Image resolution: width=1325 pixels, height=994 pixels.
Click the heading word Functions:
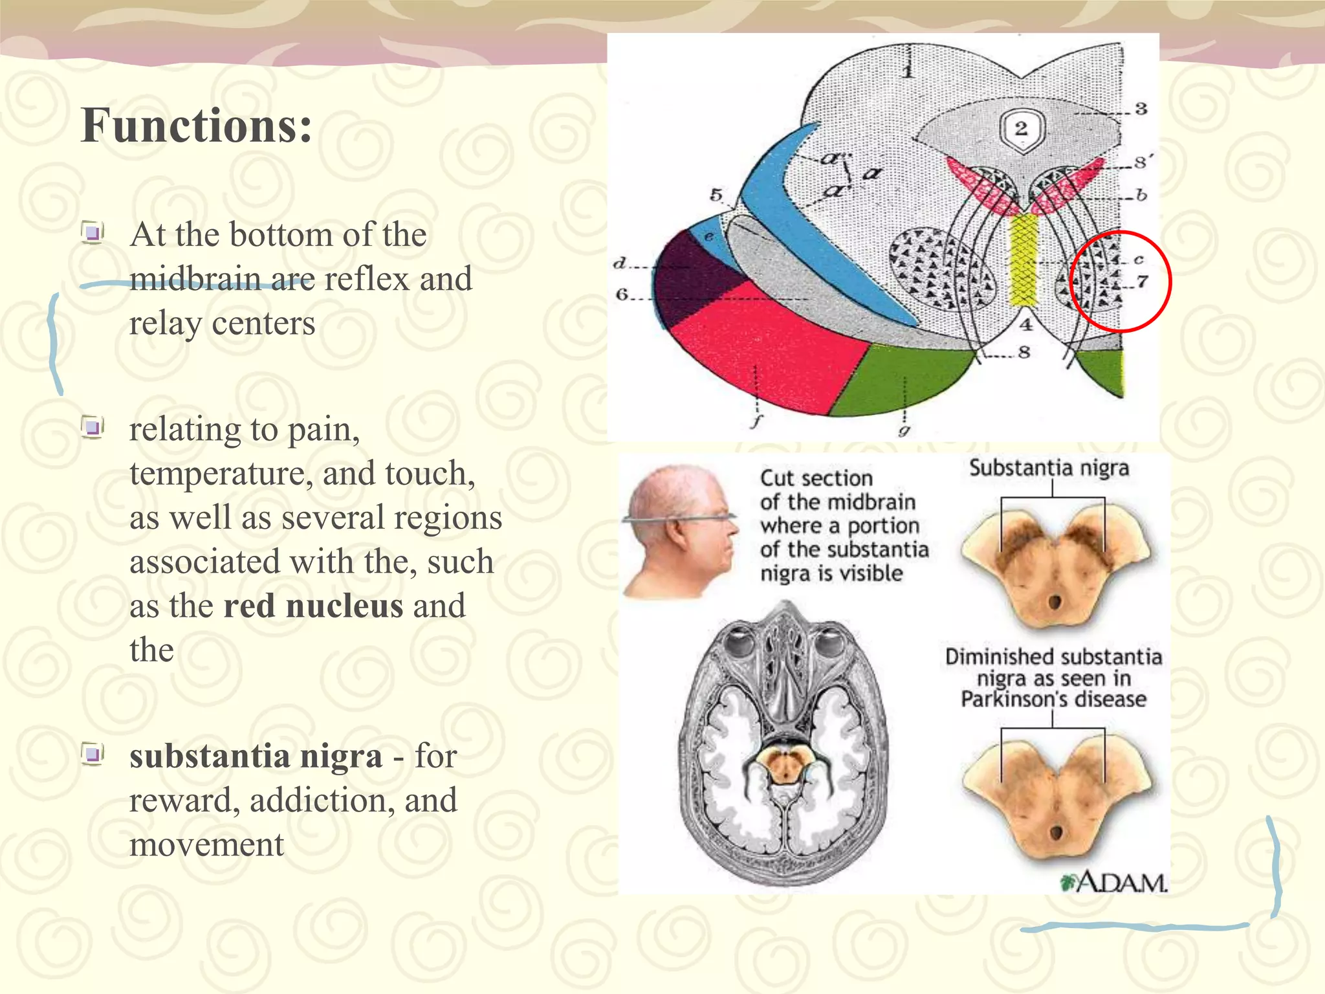[x=196, y=126]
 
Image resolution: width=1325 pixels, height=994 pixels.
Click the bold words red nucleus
[x=313, y=606]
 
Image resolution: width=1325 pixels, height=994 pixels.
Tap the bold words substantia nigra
[x=256, y=756]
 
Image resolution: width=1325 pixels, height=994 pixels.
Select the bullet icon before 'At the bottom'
[x=93, y=232]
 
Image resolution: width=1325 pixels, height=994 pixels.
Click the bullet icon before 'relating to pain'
[x=93, y=427]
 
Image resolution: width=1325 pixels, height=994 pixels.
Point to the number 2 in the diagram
[x=1021, y=127]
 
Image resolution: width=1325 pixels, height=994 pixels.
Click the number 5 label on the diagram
[x=716, y=195]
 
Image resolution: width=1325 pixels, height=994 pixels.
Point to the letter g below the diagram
[x=904, y=429]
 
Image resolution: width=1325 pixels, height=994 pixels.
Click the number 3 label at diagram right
[x=1141, y=109]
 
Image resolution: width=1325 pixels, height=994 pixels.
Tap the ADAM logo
[x=1114, y=882]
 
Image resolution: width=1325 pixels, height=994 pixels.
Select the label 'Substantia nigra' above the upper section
[x=1049, y=468]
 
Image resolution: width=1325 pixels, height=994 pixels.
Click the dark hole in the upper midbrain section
[x=1055, y=602]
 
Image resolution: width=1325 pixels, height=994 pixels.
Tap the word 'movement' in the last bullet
[x=206, y=845]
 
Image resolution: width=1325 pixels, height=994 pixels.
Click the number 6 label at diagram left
[x=622, y=295]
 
